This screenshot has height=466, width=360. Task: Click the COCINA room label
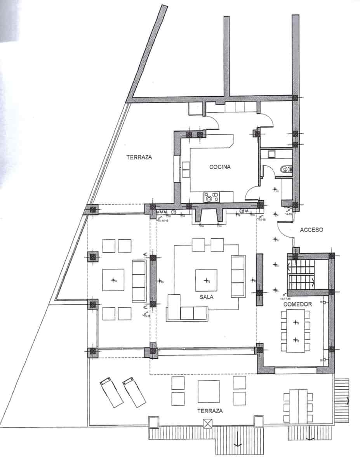click(220, 167)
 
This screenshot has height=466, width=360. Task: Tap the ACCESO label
click(311, 230)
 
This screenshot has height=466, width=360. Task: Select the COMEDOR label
click(297, 304)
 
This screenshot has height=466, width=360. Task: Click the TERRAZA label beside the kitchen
click(139, 157)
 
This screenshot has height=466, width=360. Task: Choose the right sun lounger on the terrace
click(134, 392)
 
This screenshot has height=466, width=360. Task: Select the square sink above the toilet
click(271, 155)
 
